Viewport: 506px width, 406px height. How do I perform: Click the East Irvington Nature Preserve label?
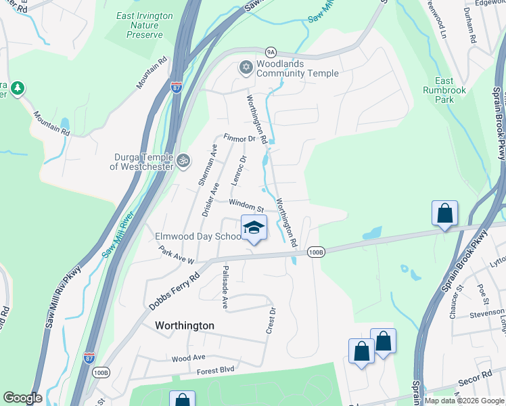144,25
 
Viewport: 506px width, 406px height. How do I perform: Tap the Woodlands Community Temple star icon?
246,67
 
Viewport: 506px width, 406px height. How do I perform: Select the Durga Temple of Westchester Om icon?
183,161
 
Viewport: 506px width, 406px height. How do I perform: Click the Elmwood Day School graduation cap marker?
254,228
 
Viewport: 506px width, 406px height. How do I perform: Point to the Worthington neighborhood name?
185,325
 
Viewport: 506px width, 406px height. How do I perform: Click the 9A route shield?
271,51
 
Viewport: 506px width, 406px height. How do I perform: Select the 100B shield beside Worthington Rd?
316,252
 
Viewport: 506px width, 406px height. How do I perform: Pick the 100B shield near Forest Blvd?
100,372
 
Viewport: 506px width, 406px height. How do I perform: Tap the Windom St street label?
246,205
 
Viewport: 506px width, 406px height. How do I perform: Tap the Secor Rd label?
478,377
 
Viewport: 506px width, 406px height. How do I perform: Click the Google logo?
22,398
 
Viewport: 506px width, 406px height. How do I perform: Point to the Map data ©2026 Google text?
463,401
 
